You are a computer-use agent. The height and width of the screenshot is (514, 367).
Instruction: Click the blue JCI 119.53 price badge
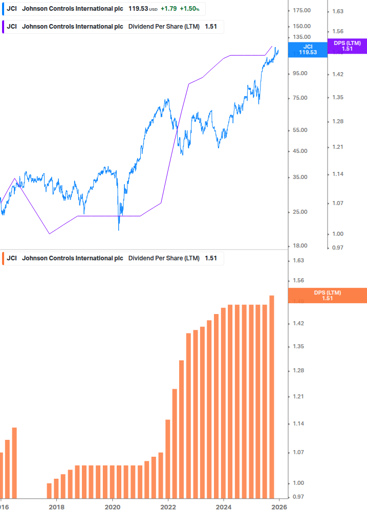(x=308, y=50)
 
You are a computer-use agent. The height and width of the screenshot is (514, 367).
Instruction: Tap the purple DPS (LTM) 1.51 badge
(x=347, y=46)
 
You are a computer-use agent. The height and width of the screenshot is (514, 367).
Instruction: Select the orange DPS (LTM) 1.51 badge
(x=328, y=295)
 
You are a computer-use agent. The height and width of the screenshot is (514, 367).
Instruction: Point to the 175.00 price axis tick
(x=301, y=11)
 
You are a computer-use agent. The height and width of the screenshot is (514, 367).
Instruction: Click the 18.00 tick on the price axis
(x=299, y=246)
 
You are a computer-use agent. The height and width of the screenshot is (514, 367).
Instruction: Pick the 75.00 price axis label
(x=299, y=98)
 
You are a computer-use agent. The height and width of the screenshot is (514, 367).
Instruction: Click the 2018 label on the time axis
(x=56, y=507)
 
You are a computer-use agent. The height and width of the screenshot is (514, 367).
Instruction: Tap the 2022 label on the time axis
(x=168, y=507)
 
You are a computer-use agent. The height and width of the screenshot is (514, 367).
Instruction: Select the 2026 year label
(x=279, y=507)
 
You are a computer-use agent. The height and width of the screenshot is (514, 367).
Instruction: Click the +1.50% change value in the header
(x=189, y=9)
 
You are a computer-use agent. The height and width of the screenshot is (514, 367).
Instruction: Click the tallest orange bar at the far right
(x=272, y=396)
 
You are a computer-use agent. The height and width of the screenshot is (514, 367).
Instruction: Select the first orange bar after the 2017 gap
(x=49, y=490)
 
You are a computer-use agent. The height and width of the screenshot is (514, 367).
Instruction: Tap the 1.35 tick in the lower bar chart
(x=298, y=347)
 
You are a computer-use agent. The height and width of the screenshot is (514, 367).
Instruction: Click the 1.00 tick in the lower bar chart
(x=298, y=483)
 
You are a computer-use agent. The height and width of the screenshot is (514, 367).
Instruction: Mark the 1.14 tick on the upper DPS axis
(x=338, y=174)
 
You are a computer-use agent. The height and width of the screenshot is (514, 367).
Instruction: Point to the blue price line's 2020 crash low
(x=119, y=230)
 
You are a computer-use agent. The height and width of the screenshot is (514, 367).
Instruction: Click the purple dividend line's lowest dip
(x=50, y=234)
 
